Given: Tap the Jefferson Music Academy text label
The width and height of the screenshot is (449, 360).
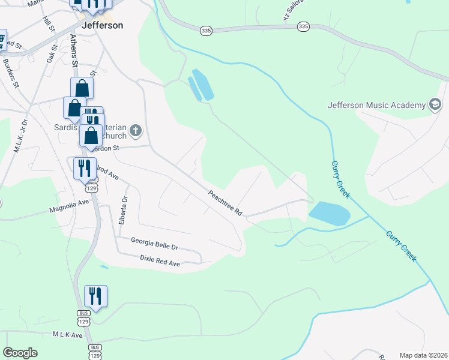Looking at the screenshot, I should pos(376,105).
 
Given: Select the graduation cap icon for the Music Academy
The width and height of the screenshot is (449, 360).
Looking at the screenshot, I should pos(435,105).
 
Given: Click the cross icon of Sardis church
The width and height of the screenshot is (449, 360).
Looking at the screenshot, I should pos(136,130).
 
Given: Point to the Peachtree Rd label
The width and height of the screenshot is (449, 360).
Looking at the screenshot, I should pos(225,203).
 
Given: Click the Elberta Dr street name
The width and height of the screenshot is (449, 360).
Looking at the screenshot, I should pos(122,210).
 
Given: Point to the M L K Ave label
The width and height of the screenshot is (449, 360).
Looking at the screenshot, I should pos(67,334).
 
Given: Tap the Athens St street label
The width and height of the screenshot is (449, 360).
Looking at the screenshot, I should pos(74,50).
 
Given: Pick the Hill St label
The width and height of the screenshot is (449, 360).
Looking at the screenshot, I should pos(48,25).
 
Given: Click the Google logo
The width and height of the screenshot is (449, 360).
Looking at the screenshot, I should pos(20,353).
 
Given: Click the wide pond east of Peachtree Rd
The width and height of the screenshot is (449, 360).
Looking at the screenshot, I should pos(328,213).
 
